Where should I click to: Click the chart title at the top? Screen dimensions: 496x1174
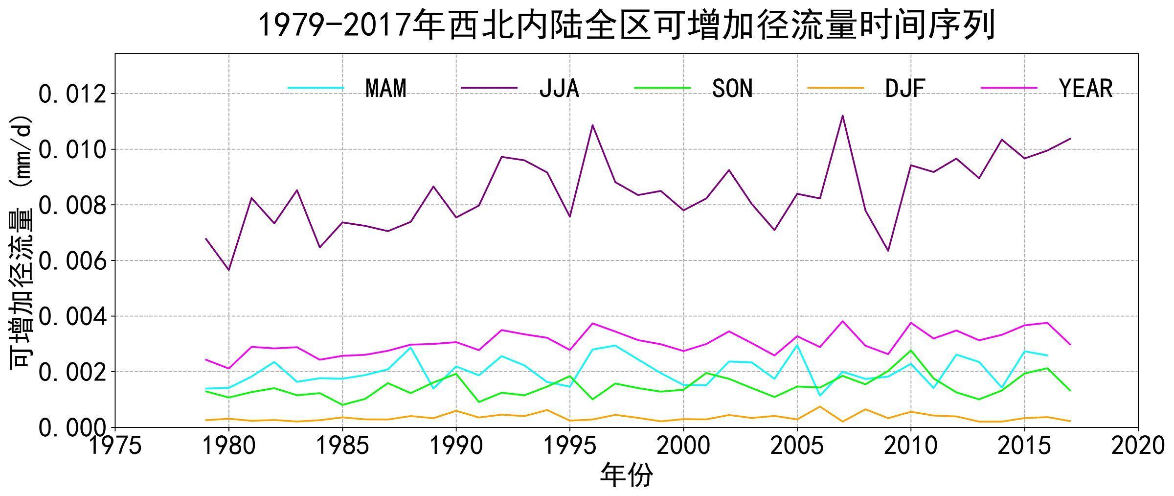coord(627,25)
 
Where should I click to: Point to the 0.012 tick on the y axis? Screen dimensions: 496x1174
coord(72,94)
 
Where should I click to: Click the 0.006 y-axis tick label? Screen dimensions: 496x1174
coord(72,261)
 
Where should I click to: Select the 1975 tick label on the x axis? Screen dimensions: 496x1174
coord(115,446)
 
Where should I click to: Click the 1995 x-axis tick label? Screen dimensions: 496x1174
coord(570,446)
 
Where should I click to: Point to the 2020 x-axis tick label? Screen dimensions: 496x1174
coord(1138,446)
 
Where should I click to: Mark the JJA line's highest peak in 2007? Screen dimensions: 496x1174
coord(842,116)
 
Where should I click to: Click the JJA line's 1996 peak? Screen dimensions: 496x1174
coord(592,125)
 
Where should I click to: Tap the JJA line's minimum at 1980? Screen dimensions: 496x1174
coord(228,270)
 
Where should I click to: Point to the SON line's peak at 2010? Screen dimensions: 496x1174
coord(911,350)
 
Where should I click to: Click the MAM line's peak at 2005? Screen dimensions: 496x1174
coord(797,345)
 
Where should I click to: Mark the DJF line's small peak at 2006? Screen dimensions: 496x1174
coord(820,406)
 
